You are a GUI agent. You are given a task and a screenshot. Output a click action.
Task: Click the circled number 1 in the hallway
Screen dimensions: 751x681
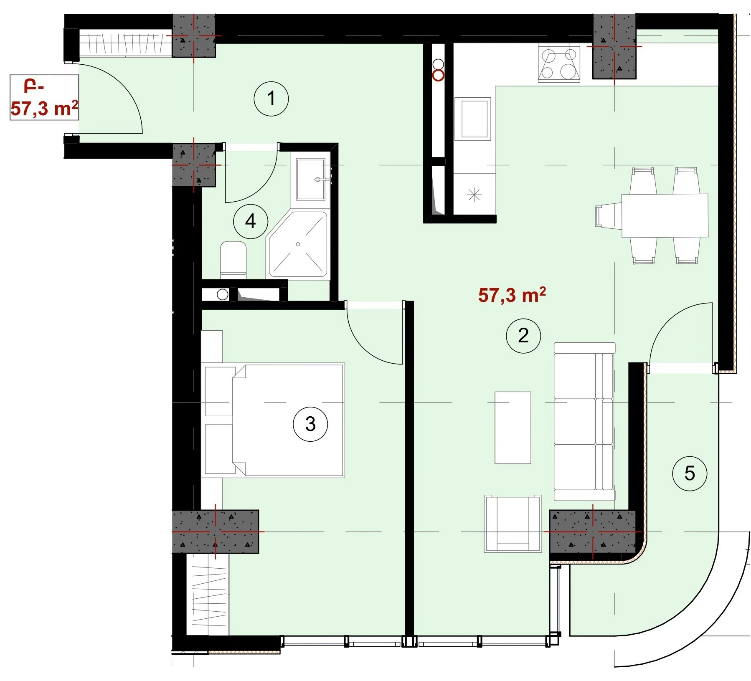(271, 99)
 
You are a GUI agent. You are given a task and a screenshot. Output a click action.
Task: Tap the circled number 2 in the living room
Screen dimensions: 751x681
(523, 336)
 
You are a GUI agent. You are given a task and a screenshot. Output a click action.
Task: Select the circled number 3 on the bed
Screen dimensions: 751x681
(310, 424)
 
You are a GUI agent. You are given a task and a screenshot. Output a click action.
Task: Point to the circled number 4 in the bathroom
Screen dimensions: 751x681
(251, 221)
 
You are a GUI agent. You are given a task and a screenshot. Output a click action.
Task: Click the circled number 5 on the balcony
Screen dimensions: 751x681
(690, 473)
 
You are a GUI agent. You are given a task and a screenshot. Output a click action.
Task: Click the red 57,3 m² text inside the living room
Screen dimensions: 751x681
(512, 295)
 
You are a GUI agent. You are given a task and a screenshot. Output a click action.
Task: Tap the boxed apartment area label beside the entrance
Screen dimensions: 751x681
(44, 98)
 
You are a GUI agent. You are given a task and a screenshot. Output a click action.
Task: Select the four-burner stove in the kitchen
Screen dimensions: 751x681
(559, 63)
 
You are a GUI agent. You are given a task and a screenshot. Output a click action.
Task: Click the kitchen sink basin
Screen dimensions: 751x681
(472, 119)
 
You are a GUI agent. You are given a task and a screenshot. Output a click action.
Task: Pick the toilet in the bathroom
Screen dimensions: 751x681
(233, 260)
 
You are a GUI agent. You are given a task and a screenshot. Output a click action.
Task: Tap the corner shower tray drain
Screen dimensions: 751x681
(298, 244)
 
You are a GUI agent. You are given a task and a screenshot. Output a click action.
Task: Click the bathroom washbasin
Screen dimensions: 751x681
(310, 180)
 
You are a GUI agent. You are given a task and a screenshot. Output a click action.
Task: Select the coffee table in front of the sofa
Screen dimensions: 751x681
(513, 428)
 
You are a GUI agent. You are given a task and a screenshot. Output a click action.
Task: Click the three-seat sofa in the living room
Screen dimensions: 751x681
(584, 421)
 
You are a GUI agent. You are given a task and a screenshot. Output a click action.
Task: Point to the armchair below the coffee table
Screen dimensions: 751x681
(513, 524)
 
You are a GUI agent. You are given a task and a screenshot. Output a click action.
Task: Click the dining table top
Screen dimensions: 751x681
(665, 215)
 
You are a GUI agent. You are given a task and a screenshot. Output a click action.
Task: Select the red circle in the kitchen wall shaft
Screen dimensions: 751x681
(438, 76)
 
